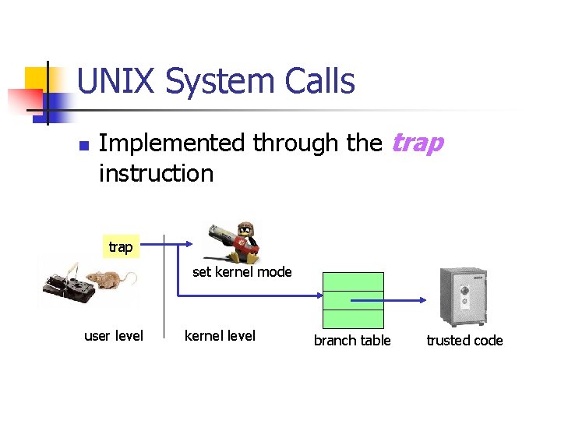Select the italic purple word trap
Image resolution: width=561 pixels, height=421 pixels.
pyautogui.click(x=418, y=143)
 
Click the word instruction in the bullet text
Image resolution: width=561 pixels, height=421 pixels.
pyautogui.click(x=156, y=173)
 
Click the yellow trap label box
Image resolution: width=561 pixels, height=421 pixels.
pyautogui.click(x=120, y=246)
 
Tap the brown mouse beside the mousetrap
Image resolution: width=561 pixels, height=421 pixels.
pyautogui.click(x=109, y=280)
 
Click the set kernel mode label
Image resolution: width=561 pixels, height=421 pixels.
pyautogui.click(x=242, y=272)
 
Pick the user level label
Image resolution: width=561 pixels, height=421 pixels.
pyautogui.click(x=114, y=336)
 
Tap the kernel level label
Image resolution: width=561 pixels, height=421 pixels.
pyautogui.click(x=220, y=336)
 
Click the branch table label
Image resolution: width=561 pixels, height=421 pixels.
pyautogui.click(x=352, y=340)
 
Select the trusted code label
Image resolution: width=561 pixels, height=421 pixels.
pyautogui.click(x=464, y=340)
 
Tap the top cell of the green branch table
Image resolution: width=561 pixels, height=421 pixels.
pyautogui.click(x=353, y=281)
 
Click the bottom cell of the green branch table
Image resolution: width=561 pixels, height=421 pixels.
pyautogui.click(x=353, y=319)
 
